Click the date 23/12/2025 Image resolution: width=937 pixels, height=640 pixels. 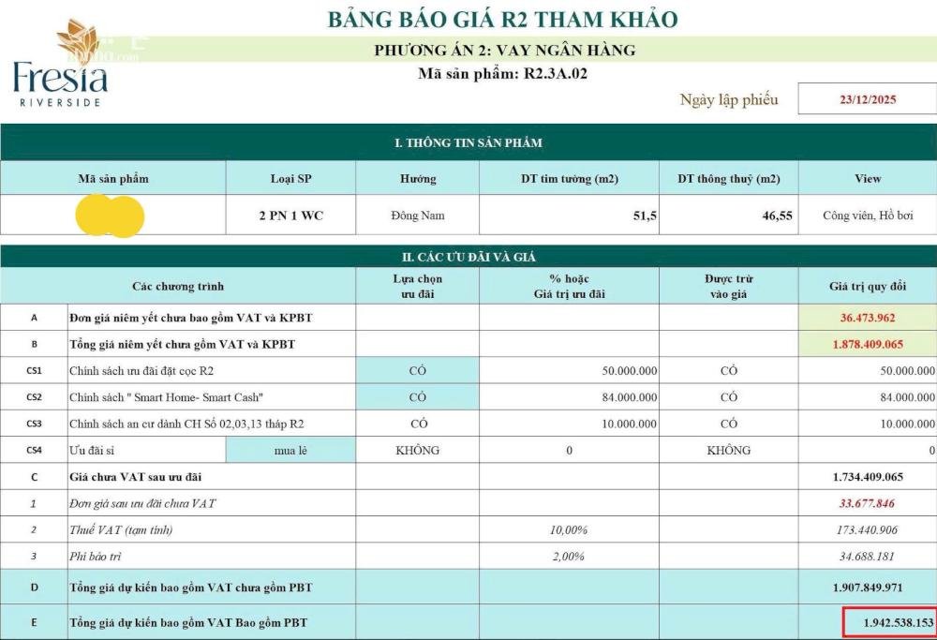point(868,100)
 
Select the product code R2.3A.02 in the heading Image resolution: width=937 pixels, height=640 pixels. point(555,74)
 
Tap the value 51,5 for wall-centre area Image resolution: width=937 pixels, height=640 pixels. point(645,216)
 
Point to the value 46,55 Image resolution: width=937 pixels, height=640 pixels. point(777,216)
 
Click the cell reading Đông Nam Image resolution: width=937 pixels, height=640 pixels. point(418,216)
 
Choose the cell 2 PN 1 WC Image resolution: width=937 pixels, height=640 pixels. point(291,216)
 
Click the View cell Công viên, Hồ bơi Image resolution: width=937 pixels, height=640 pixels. point(867,216)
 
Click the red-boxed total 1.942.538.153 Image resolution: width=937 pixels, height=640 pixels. point(885,622)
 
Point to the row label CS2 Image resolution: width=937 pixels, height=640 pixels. point(34,397)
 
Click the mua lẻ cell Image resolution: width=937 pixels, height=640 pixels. point(290,451)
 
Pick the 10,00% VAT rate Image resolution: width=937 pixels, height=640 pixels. point(569,530)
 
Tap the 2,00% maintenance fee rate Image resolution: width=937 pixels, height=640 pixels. point(569,557)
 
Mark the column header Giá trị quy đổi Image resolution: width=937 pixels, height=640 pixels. point(867,286)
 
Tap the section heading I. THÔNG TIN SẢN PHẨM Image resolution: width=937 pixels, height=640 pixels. point(468,143)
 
